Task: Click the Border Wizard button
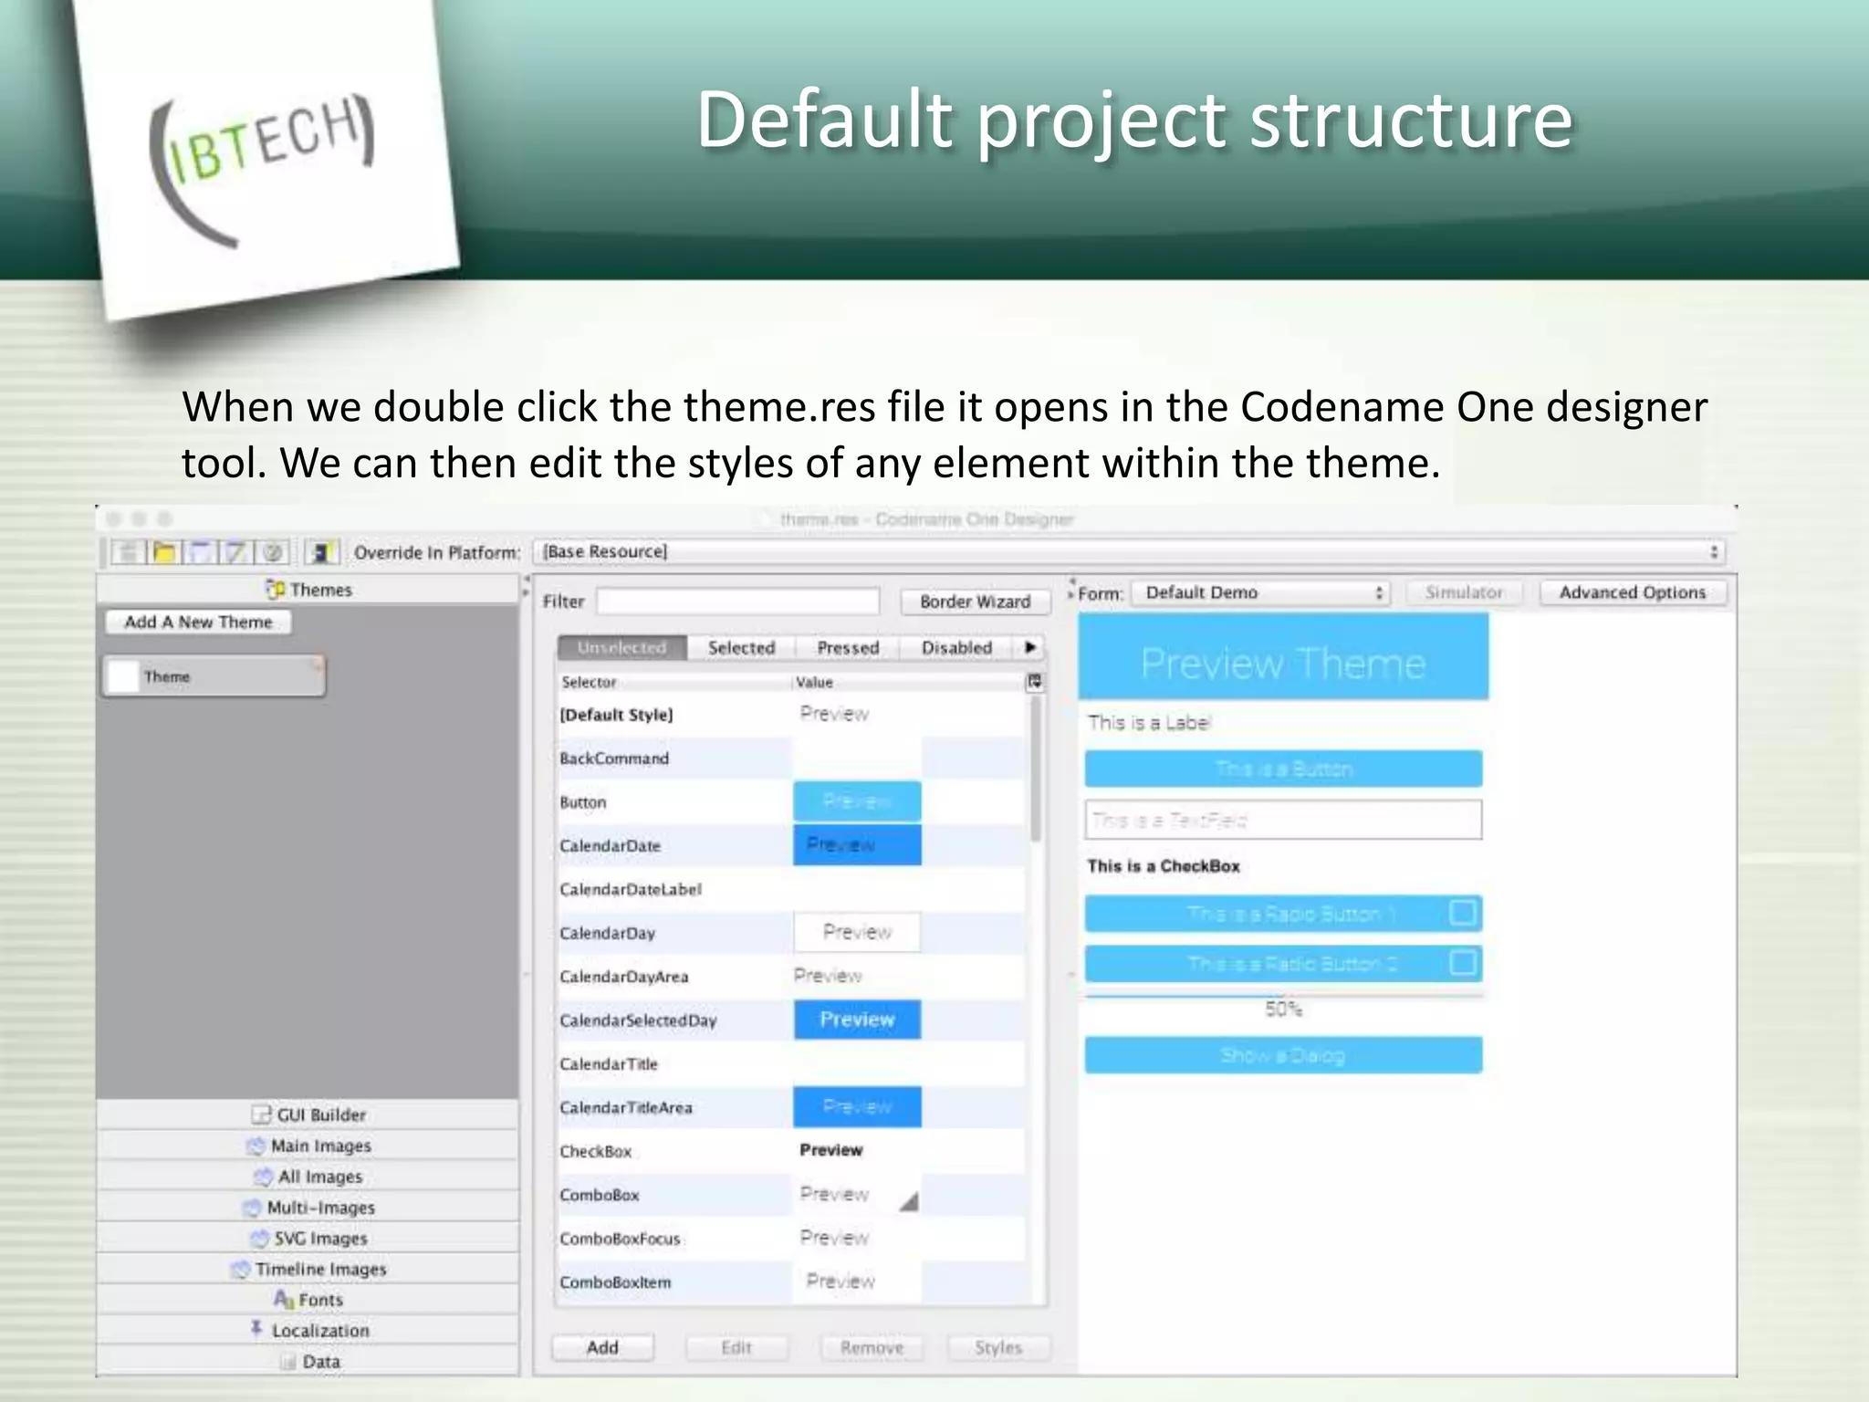975,602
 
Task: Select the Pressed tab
848,647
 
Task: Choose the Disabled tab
955,647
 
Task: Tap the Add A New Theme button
198,622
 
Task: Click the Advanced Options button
1632,592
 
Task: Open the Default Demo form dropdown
1259,593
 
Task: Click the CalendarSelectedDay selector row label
638,1020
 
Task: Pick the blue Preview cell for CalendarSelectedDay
857,1020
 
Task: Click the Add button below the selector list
602,1347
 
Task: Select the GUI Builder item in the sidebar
320,1114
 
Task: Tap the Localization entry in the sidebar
319,1330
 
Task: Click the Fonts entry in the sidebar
319,1299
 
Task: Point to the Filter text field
737,602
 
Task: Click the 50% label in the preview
1283,1009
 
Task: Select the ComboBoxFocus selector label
620,1239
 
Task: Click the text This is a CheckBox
1164,866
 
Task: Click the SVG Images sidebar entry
319,1238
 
